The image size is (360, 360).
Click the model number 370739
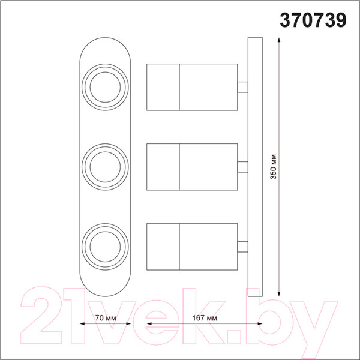pos(313,20)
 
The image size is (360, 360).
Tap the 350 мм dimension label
pos(274,167)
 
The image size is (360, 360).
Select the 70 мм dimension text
pos(106,318)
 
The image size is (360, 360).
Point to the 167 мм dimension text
pos(205,318)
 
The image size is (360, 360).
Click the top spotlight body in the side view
pos(192,87)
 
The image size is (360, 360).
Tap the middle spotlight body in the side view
pos(192,167)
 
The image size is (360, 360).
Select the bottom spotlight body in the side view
pos(192,247)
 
